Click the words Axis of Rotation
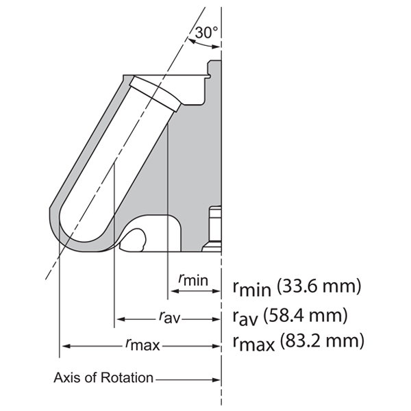103,378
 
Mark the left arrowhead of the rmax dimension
64,345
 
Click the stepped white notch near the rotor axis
213,227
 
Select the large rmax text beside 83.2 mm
251,341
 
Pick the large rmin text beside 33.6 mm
249,287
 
